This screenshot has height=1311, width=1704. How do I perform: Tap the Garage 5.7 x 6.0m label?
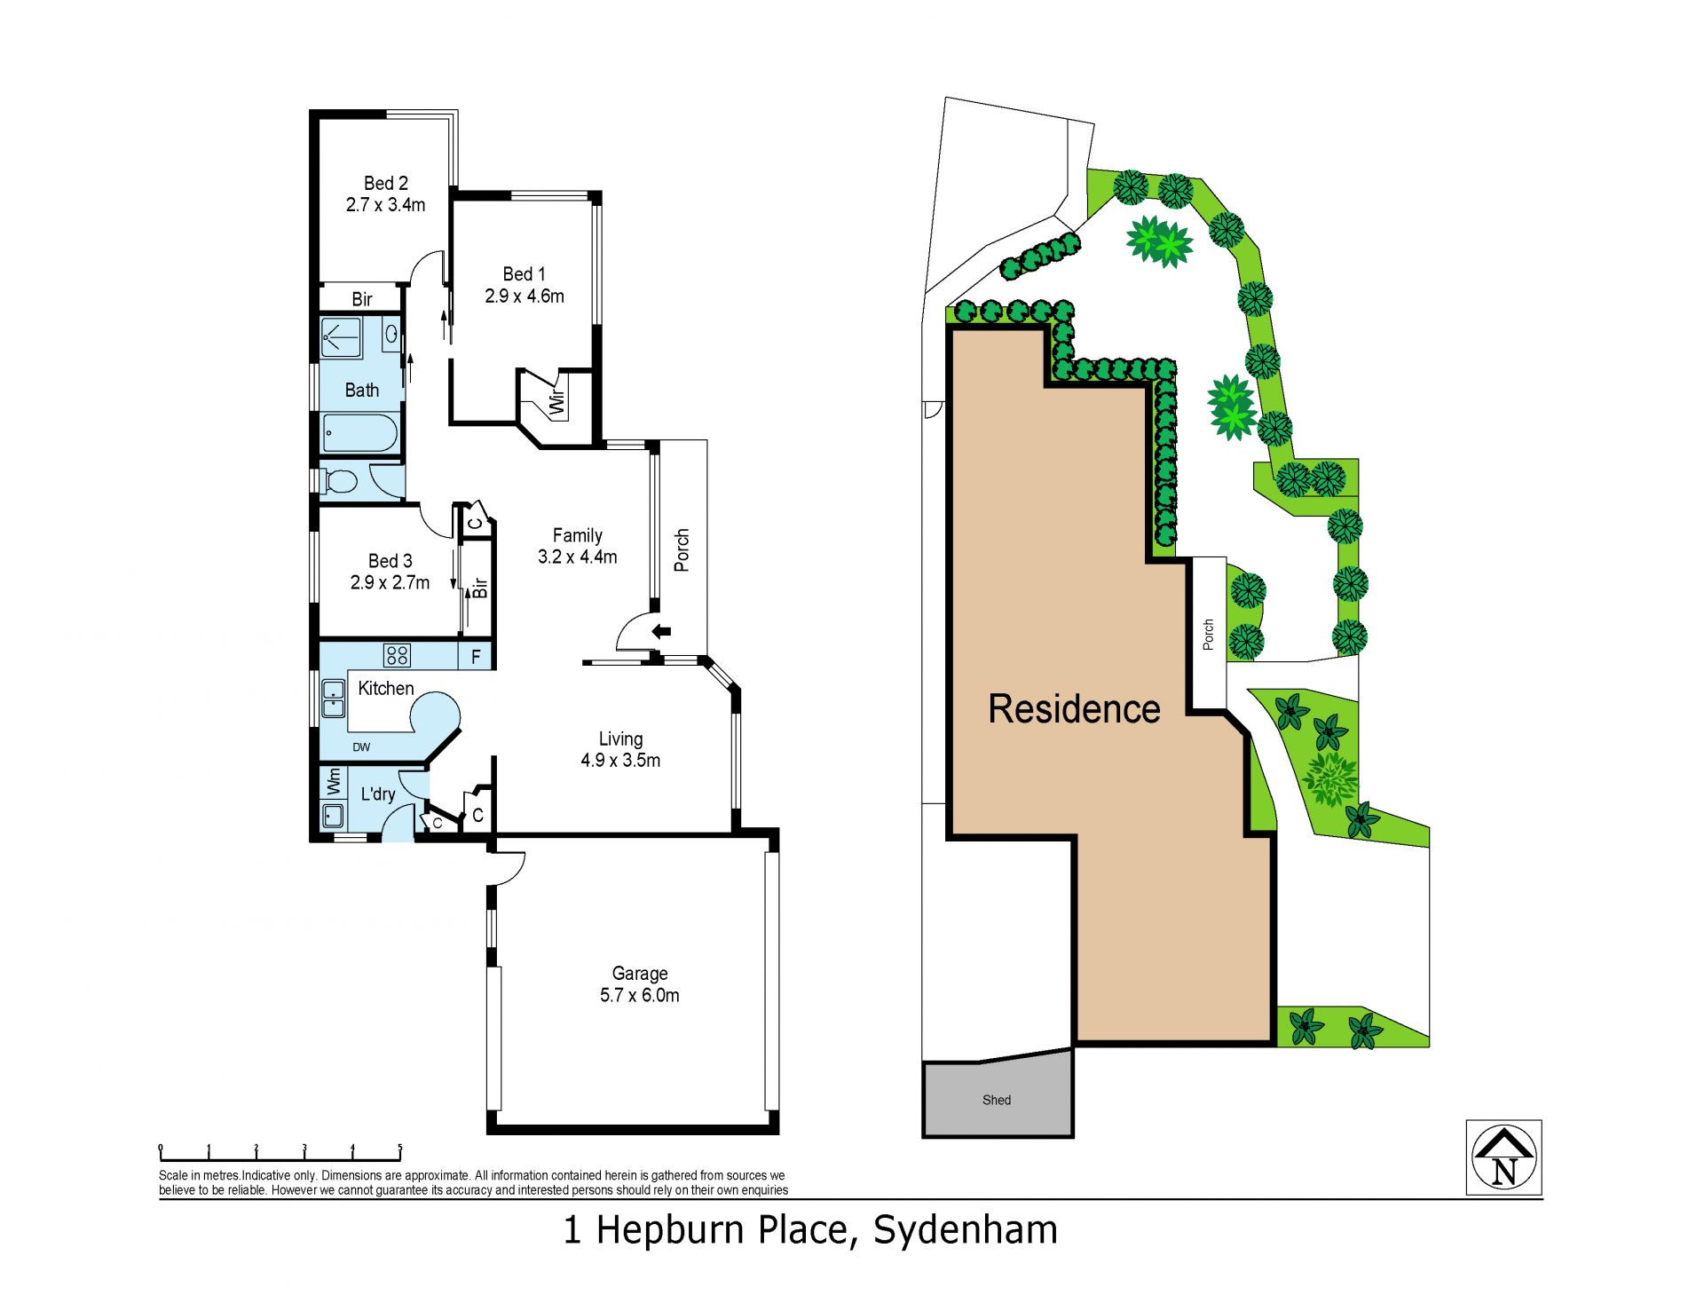[639, 984]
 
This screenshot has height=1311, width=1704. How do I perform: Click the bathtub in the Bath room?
[359, 432]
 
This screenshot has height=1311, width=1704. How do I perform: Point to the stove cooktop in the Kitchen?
[397, 656]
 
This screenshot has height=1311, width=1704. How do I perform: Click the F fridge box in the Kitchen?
[476, 657]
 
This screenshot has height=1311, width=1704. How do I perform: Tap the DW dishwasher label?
[361, 747]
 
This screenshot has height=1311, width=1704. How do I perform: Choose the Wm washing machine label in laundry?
[334, 781]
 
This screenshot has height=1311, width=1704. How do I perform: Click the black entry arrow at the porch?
[661, 632]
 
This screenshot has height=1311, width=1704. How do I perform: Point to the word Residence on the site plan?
[1074, 709]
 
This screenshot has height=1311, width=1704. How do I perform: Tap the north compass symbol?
[1503, 1157]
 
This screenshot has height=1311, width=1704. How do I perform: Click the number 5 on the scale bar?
[400, 1149]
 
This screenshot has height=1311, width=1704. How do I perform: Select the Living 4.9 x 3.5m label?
[620, 749]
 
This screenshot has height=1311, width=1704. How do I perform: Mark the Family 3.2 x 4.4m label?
[577, 546]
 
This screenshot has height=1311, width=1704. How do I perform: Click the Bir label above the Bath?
[362, 299]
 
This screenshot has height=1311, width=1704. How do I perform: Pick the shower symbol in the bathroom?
[341, 337]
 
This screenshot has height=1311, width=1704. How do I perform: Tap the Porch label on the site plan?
[1208, 635]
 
